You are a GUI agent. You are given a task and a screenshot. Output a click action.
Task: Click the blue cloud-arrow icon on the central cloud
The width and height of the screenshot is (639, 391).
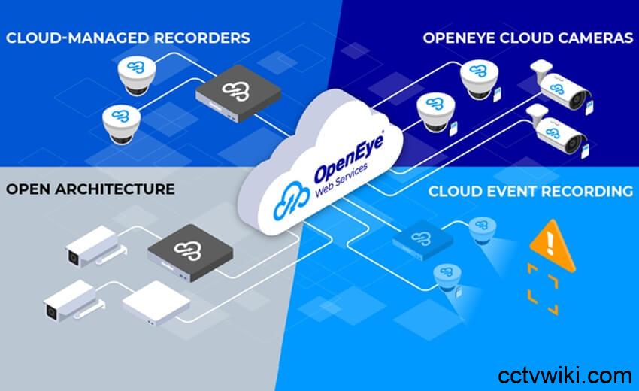pyautogui.click(x=291, y=201)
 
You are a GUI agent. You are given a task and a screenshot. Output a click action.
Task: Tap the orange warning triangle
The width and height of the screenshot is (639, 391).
pyautogui.click(x=553, y=244)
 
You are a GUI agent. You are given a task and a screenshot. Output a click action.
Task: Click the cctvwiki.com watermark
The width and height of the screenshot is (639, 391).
pyautogui.click(x=565, y=375)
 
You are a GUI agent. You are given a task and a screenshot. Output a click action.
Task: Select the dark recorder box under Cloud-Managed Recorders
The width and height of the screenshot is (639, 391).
pyautogui.click(x=238, y=93)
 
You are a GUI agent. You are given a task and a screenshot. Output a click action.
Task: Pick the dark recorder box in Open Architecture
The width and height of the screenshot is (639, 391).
pyautogui.click(x=190, y=253)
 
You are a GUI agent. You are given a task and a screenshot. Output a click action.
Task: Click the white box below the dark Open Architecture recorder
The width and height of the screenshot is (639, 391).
pyautogui.click(x=156, y=303)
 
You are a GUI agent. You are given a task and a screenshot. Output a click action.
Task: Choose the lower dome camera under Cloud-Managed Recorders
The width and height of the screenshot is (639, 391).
pyautogui.click(x=121, y=124)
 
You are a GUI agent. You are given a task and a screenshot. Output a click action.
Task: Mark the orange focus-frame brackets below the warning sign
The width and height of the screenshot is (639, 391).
pyautogui.click(x=543, y=289)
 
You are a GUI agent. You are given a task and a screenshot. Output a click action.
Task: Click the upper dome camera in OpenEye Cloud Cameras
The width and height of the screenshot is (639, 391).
pyautogui.click(x=480, y=80)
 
